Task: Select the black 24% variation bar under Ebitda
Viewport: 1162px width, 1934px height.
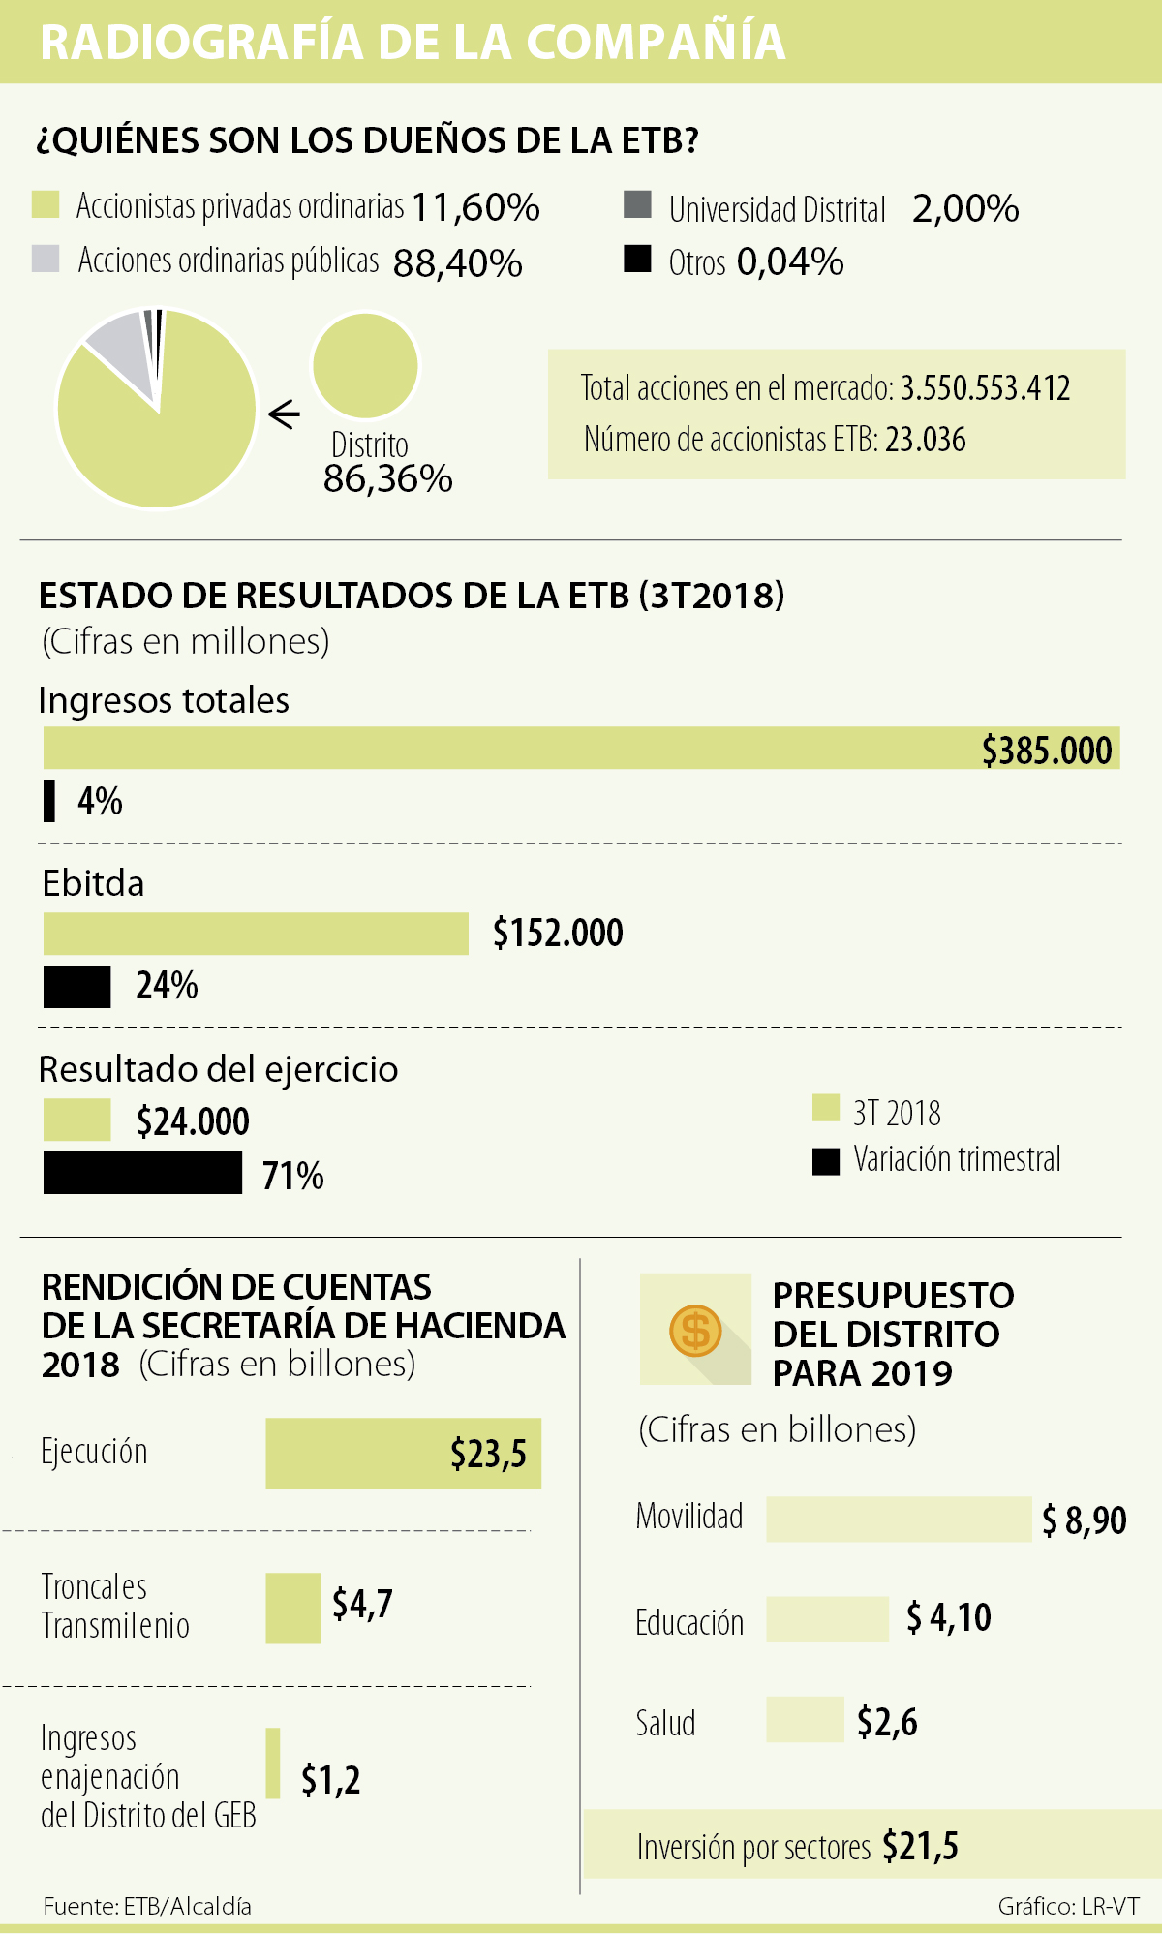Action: pos(77,987)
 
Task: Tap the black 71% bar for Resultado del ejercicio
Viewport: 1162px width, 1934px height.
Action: pos(142,1173)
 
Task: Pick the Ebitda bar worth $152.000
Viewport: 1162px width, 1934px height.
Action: pos(256,934)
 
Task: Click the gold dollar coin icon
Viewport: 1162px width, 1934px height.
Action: pos(695,1330)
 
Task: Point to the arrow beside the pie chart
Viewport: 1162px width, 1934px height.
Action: pos(285,414)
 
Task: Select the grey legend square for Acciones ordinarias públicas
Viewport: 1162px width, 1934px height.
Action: pos(46,260)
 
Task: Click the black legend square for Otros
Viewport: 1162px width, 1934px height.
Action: pos(637,260)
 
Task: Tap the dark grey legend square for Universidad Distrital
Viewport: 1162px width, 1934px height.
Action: pos(637,205)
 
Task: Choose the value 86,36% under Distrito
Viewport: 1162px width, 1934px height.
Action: pos(387,479)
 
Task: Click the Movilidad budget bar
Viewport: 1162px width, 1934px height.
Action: pos(898,1519)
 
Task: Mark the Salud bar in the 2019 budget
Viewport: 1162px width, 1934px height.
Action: pos(805,1720)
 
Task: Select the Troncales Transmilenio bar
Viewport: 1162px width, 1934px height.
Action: pos(293,1608)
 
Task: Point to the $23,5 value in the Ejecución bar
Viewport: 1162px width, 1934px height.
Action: pos(488,1454)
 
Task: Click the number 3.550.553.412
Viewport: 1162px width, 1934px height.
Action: pos(985,388)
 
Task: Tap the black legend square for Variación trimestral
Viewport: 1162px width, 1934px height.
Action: pos(826,1161)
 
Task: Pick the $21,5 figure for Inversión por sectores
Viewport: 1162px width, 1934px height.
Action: pos(920,1847)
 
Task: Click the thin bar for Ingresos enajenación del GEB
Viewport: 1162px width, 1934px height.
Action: pos(273,1764)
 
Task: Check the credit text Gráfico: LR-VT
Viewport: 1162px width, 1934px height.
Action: pos(1068,1906)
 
